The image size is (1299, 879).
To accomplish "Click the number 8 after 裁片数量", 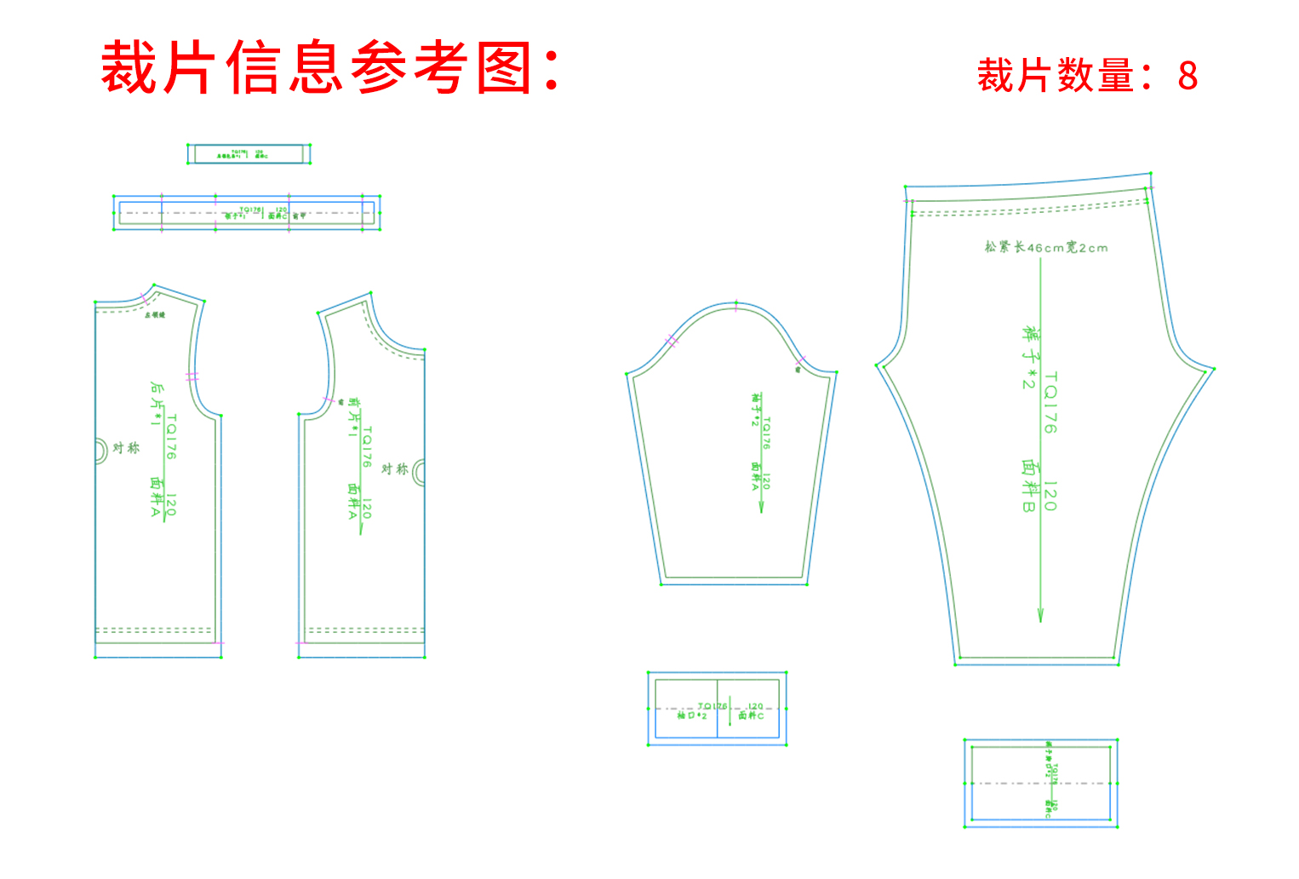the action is coord(1187,77).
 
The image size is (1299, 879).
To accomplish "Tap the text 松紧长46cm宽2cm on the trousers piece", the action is coord(1046,248).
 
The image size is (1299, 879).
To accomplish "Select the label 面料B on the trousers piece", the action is coord(1030,486).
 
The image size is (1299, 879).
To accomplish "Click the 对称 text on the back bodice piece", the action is coord(126,448).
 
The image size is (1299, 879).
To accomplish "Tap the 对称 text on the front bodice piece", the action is coord(394,469).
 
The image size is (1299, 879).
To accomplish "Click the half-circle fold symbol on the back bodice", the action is coord(100,450).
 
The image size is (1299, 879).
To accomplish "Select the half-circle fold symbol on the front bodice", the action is coord(419,473).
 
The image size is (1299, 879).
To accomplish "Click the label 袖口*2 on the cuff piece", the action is coord(692,715).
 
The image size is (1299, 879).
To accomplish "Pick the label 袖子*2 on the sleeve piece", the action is coord(755,409).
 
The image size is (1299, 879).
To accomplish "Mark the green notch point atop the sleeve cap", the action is coord(736,303).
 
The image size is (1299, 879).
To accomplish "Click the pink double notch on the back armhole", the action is coord(192,376).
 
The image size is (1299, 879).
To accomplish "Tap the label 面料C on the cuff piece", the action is coord(751,715).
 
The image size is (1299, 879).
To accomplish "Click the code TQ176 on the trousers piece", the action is coord(1051,402).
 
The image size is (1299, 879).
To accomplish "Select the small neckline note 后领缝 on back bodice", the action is coord(155,315).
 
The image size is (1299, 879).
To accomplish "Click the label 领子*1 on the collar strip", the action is coord(235,216).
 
